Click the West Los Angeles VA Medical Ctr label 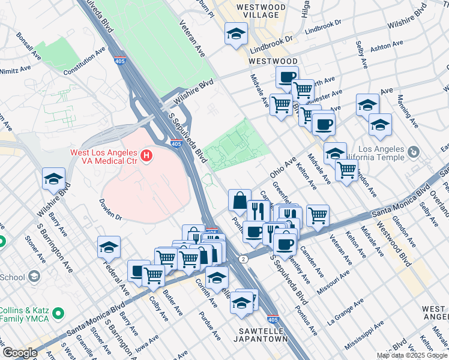click(103, 152)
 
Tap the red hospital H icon click(146, 157)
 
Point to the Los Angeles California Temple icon click(414, 153)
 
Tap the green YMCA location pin click(58, 314)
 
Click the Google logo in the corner click(19, 353)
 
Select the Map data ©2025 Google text click(412, 355)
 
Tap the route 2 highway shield click(243, 259)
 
